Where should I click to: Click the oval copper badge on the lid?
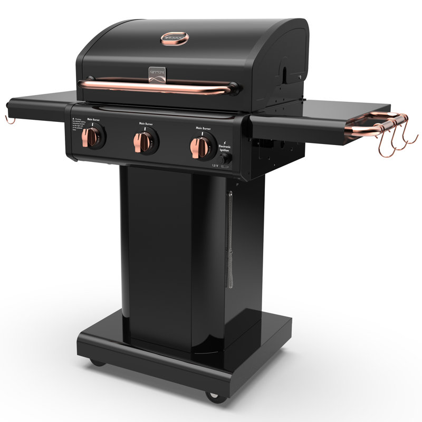(174, 38)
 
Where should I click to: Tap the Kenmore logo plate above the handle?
(157, 74)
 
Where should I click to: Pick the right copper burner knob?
(201, 146)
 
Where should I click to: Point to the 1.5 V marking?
(216, 166)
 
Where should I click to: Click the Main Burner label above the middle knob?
(147, 124)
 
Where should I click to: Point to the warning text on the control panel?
(76, 124)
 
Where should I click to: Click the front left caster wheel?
(97, 362)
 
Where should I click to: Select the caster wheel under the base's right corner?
(214, 395)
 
